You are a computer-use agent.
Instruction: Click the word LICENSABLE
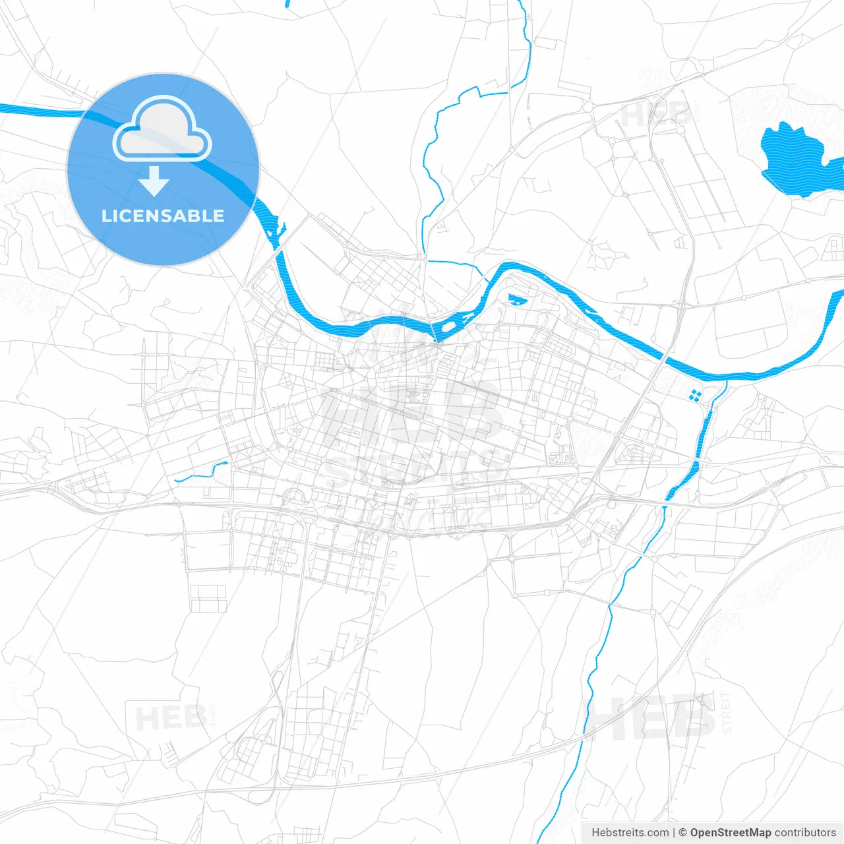point(163,216)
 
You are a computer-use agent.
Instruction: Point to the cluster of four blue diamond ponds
point(694,395)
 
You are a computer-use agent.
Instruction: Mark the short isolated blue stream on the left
point(201,471)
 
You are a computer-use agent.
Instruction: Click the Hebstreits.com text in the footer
point(630,833)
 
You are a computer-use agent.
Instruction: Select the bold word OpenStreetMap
point(730,833)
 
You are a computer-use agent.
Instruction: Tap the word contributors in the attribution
point(805,833)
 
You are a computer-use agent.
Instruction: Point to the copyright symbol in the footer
point(682,833)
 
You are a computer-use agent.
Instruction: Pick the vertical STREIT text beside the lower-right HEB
point(727,712)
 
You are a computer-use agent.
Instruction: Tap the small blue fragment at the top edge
point(287,3)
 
